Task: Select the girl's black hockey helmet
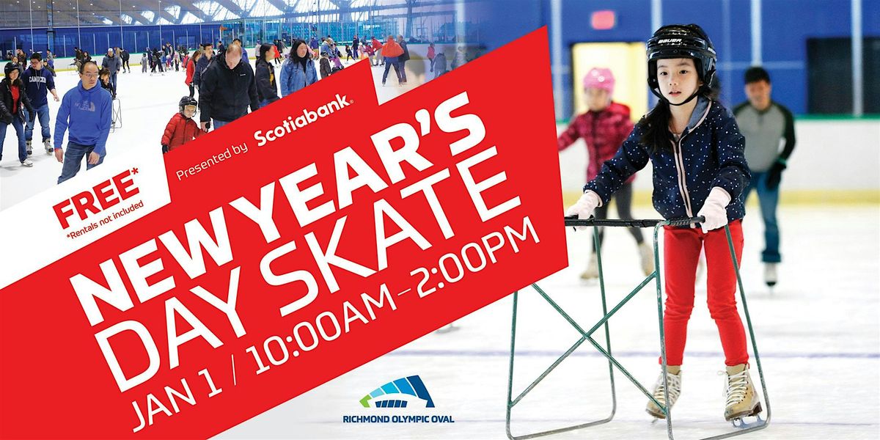point(681,51)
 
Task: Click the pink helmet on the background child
point(599,79)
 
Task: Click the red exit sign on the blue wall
point(603,20)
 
